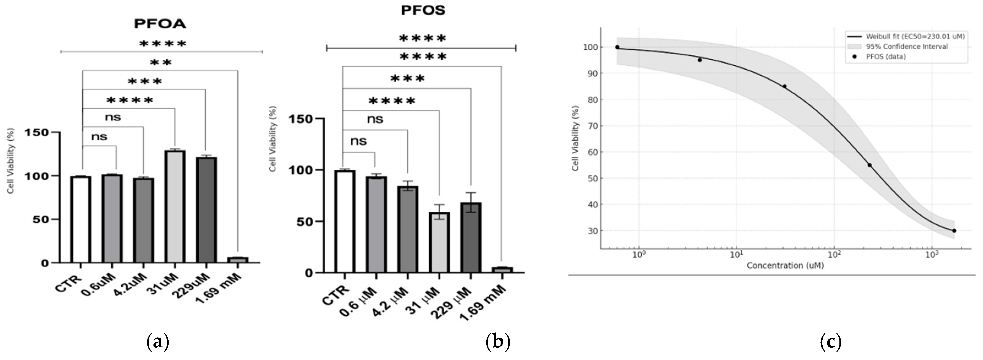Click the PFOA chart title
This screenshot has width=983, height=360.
[160, 24]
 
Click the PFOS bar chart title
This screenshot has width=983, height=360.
[423, 10]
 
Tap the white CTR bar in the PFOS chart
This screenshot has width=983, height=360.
[345, 221]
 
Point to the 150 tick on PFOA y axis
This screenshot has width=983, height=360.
[37, 132]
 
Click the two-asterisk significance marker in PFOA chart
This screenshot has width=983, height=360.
[161, 62]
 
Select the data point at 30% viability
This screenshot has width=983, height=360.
[954, 231]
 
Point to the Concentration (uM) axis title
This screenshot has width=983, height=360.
[785, 265]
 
